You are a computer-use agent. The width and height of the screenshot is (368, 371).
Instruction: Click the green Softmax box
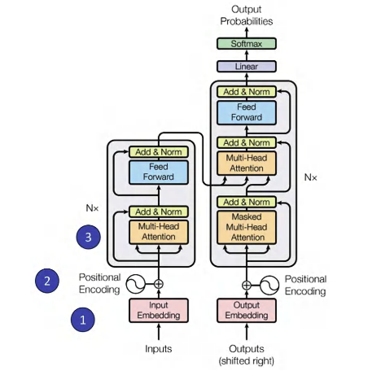pos(247,44)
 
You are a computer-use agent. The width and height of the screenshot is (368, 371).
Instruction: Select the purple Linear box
pos(247,67)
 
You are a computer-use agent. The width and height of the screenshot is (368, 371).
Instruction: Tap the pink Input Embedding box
pos(159,311)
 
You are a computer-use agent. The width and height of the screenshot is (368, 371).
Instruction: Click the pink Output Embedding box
pos(247,311)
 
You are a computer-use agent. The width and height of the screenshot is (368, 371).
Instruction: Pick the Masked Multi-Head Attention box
pos(247,227)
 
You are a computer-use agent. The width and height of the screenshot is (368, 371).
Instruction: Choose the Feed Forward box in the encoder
pos(159,172)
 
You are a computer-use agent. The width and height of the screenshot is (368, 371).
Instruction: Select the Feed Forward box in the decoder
pos(247,112)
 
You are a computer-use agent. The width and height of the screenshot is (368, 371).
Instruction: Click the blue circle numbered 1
pos(83,320)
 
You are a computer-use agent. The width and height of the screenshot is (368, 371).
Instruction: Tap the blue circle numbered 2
pos(47,281)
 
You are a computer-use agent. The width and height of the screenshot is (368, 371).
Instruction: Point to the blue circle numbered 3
pos(88,237)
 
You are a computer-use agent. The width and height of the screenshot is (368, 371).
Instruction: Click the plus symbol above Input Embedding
pos(159,284)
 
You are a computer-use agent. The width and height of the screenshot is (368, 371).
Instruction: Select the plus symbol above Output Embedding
pos(247,285)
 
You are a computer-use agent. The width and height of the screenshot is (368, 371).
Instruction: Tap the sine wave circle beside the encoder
pos(135,284)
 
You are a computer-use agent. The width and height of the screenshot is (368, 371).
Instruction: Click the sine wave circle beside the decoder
pos(269,285)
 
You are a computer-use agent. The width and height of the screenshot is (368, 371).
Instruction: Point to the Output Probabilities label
pos(247,15)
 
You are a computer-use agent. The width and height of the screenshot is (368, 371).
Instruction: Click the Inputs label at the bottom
pos(159,349)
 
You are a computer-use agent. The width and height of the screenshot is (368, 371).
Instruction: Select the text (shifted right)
pos(247,361)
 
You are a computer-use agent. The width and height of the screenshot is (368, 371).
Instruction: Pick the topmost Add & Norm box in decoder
pos(247,92)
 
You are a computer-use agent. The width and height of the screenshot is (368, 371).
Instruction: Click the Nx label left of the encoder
pos(92,208)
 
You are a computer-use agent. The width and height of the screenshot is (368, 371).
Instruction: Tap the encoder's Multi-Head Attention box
pos(159,232)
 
